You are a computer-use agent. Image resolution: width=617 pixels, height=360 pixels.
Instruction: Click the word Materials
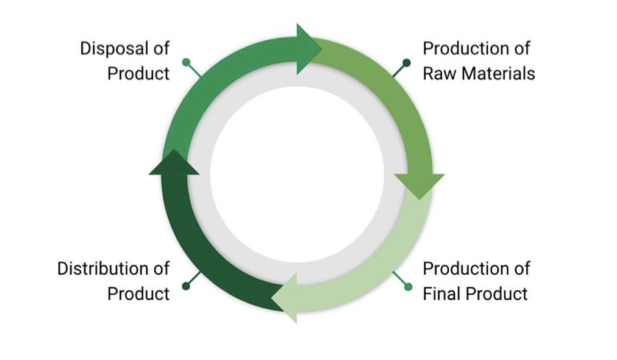coord(498,74)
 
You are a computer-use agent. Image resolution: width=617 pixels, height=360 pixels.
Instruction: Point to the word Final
coord(441,293)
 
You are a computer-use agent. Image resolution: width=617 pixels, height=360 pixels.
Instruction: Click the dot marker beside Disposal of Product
coord(186,62)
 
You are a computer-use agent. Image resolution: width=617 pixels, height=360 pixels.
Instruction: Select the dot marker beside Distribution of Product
coord(186,286)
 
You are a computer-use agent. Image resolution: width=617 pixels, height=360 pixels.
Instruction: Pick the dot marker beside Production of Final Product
coord(408,286)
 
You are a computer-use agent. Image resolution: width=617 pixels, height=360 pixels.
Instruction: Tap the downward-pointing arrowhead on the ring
coord(419,184)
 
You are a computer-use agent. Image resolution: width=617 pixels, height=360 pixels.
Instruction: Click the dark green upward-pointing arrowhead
coord(174,164)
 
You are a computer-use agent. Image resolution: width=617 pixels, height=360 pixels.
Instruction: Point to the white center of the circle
coord(297,174)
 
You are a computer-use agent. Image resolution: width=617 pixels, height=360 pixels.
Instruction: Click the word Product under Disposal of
coord(138,74)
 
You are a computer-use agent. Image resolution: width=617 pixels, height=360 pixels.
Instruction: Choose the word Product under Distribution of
coord(138,293)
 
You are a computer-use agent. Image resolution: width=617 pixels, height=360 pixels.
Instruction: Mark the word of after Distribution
coord(162,268)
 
